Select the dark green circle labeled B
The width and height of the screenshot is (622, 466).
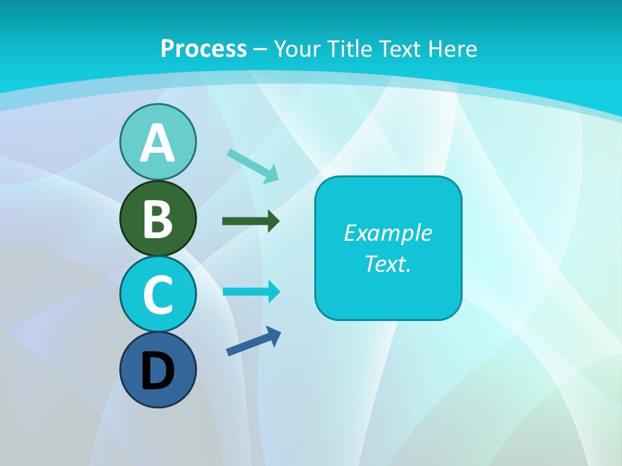tap(157, 219)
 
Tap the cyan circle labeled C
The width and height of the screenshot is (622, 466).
tap(157, 294)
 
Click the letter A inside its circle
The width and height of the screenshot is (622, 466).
tap(157, 143)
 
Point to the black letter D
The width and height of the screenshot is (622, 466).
tap(157, 372)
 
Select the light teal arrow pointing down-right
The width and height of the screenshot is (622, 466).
tap(253, 166)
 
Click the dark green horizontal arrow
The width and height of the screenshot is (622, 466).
tap(250, 221)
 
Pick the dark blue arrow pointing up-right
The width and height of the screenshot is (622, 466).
tap(253, 341)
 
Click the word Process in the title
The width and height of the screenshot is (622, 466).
tap(203, 49)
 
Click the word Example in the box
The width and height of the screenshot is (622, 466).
tap(387, 233)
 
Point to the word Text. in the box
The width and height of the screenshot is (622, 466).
tap(387, 263)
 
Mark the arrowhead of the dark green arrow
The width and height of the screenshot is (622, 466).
tap(273, 221)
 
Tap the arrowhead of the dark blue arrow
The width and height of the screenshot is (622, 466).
tap(274, 335)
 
